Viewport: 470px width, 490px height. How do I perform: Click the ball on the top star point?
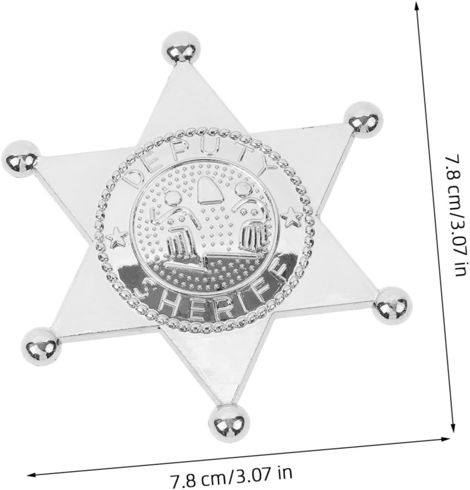180,48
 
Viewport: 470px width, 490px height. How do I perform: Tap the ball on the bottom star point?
230,422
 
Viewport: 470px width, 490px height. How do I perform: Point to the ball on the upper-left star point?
21,158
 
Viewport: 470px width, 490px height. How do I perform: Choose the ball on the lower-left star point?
41,346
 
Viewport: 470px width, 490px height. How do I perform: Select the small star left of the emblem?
116,237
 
